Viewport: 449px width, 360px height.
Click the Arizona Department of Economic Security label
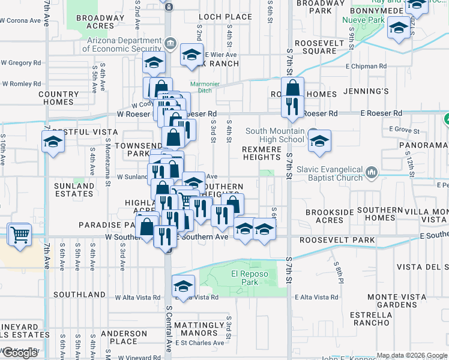[125, 45]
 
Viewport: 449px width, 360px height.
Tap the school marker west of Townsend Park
[53, 143]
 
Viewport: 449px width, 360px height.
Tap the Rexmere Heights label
[262, 153]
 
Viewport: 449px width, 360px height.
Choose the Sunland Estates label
[74, 190]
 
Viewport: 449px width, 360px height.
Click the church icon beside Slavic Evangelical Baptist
[372, 174]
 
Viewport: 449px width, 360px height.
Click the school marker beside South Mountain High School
[319, 141]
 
